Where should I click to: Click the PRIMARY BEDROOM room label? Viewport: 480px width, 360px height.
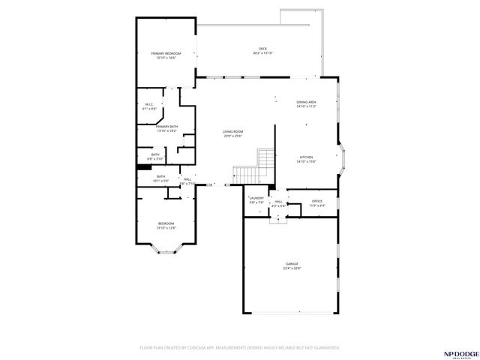point(166,53)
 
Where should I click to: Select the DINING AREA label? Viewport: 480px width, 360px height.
point(306,102)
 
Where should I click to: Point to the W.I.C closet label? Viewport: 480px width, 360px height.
point(148,104)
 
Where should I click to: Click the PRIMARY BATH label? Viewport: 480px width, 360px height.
point(166,127)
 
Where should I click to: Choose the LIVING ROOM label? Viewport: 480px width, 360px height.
point(232,131)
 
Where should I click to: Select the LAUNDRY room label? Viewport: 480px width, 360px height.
point(256,198)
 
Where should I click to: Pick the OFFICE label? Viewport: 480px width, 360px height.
point(316,200)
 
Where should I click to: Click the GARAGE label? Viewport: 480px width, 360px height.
point(292,263)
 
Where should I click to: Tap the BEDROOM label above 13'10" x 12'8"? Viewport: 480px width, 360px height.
point(166,223)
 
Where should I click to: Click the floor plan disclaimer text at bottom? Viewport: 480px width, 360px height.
point(240,348)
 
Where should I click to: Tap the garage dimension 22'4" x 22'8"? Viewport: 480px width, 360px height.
point(292,268)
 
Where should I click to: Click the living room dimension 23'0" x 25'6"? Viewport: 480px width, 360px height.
point(232,136)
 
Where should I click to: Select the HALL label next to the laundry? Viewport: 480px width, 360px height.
point(277,201)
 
